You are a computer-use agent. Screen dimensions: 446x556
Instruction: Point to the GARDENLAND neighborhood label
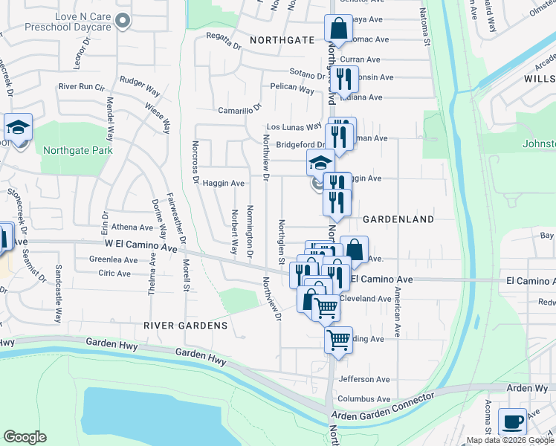click(x=398, y=219)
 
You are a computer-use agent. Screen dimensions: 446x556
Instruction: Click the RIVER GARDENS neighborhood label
click(x=185, y=326)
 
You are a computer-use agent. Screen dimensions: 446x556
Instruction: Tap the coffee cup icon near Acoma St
click(x=512, y=421)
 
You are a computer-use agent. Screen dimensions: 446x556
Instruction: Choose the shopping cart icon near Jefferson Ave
click(x=338, y=340)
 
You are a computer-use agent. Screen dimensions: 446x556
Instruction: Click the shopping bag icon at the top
click(x=338, y=29)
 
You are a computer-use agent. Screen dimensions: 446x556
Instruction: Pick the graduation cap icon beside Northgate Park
click(x=18, y=127)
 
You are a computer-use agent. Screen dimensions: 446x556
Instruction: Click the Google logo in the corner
click(x=25, y=437)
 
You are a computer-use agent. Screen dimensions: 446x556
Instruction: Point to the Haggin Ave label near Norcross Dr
click(x=224, y=183)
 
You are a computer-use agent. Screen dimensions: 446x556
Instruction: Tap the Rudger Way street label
click(x=140, y=85)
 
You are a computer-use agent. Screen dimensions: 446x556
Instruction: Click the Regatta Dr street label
click(x=222, y=44)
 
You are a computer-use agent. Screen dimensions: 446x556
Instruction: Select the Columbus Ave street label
click(x=365, y=399)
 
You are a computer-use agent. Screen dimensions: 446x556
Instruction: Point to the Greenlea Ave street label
click(x=114, y=260)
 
